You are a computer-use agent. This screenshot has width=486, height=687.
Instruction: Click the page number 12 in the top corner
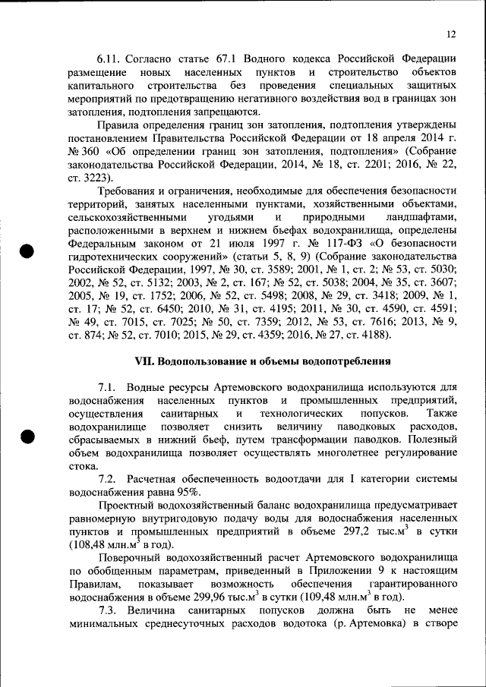point(451,34)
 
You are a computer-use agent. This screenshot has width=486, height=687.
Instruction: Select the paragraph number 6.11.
point(109,58)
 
